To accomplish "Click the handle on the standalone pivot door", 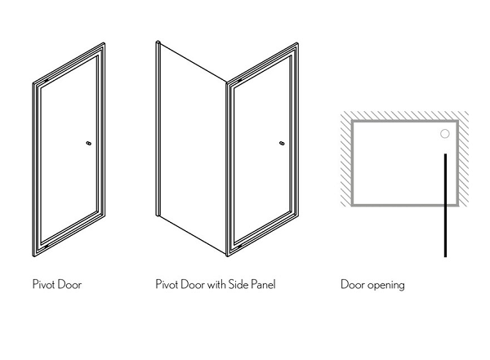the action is pos(89,144).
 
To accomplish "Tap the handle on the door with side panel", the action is pos(283,144).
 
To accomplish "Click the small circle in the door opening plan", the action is pos(445,134).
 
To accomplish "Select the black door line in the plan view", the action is pos(445,206).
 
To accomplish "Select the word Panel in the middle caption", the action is pos(263,284).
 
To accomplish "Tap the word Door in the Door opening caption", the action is pos(353,285).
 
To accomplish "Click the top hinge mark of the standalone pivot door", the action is pos(47,81).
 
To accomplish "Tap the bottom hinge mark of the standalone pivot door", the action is pos(47,247).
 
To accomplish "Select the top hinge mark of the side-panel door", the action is pos(240,81).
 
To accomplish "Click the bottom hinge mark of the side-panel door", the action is pos(240,247).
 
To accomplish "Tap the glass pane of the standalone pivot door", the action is pos(69,149).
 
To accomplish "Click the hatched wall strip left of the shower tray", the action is pos(346,158).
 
